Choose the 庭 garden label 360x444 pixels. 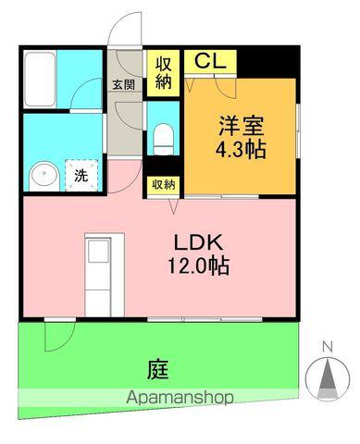(x=156, y=368)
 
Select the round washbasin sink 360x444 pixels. (x=43, y=175)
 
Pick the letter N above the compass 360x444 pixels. (x=327, y=347)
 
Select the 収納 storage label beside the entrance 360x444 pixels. (x=164, y=72)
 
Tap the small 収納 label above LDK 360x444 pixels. (x=163, y=184)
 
